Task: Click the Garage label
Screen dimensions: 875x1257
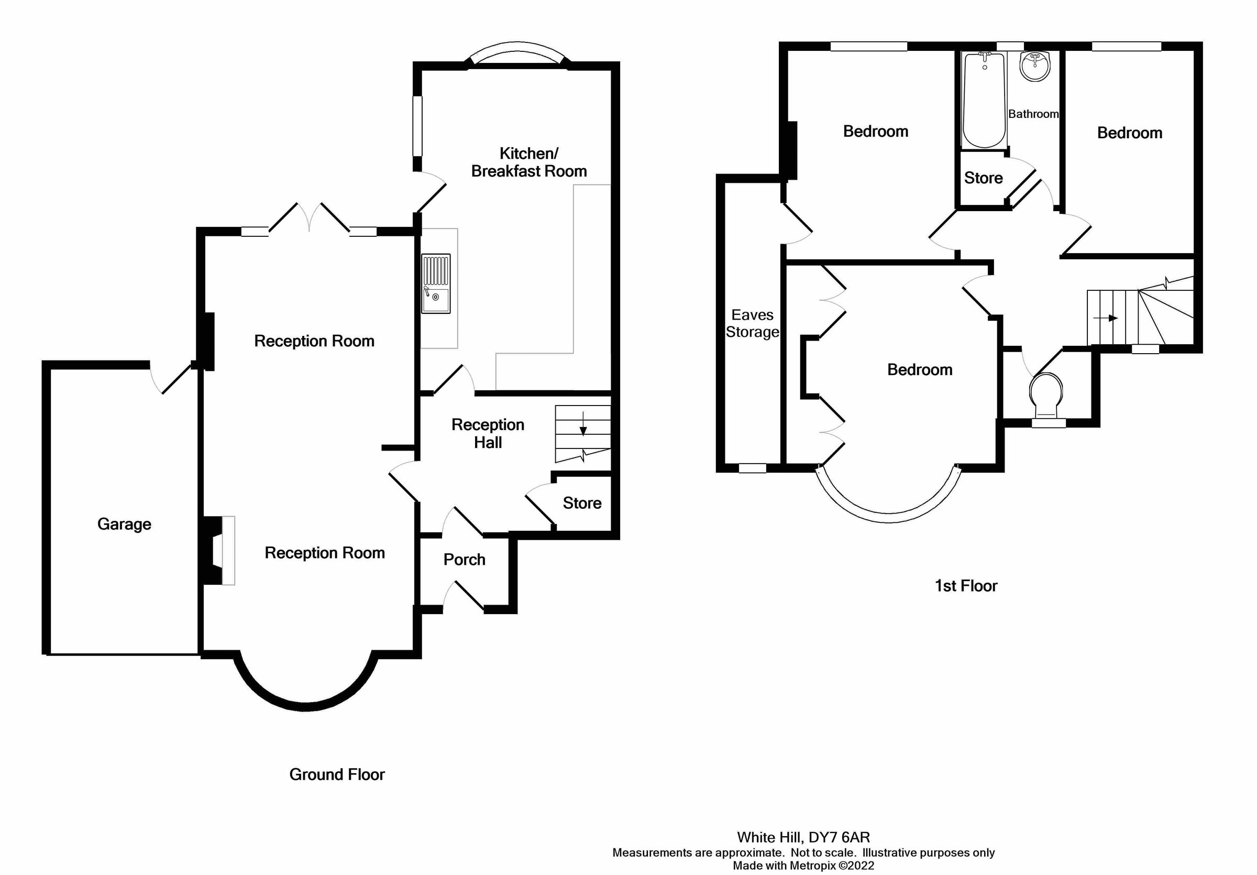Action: [124, 524]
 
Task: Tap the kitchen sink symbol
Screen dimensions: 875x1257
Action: [436, 283]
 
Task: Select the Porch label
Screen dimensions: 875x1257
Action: [464, 560]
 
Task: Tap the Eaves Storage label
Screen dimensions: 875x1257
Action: [752, 323]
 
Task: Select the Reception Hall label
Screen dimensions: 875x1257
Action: [488, 433]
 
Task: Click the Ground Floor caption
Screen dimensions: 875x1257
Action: [337, 774]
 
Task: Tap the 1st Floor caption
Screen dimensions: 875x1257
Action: [966, 586]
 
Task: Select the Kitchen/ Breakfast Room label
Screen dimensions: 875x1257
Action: [528, 162]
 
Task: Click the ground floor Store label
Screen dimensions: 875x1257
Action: [582, 503]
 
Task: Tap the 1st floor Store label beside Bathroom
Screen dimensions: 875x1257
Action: [983, 178]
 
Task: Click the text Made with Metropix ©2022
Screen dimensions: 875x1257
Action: [803, 866]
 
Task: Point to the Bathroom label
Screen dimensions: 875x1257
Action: [1033, 114]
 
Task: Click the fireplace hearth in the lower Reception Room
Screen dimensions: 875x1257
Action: [228, 550]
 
